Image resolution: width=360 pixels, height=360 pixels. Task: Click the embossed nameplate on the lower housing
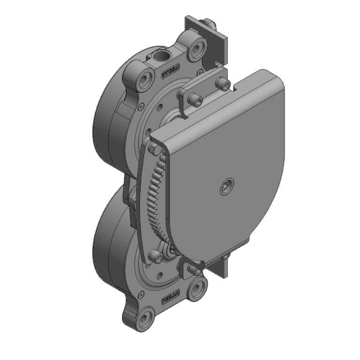pos(171,296)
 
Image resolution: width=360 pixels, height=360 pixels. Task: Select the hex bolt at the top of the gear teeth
pos(152,149)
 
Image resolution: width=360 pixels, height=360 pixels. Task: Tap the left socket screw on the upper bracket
pos(195,100)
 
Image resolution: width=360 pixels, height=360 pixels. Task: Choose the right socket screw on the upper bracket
pos(223,84)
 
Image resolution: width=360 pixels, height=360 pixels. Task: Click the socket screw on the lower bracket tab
pos(194,270)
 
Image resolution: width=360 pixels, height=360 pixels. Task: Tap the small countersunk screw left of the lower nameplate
pos(140,294)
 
